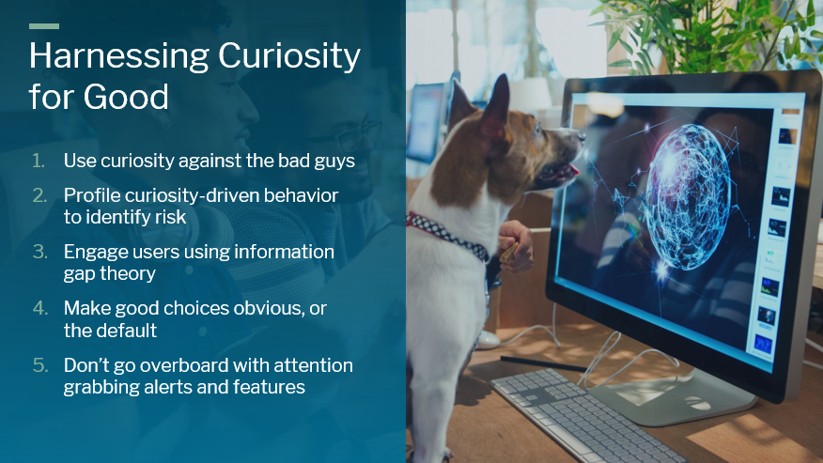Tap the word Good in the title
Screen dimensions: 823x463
point(126,97)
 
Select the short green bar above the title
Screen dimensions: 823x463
point(44,26)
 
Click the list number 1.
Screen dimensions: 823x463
point(39,161)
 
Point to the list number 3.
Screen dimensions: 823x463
point(39,252)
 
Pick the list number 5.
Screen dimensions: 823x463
point(39,365)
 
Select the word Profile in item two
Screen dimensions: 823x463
point(92,195)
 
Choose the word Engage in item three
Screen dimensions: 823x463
point(96,253)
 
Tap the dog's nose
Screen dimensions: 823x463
point(581,136)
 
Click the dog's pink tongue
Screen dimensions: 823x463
point(571,170)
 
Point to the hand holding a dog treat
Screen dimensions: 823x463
point(515,246)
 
